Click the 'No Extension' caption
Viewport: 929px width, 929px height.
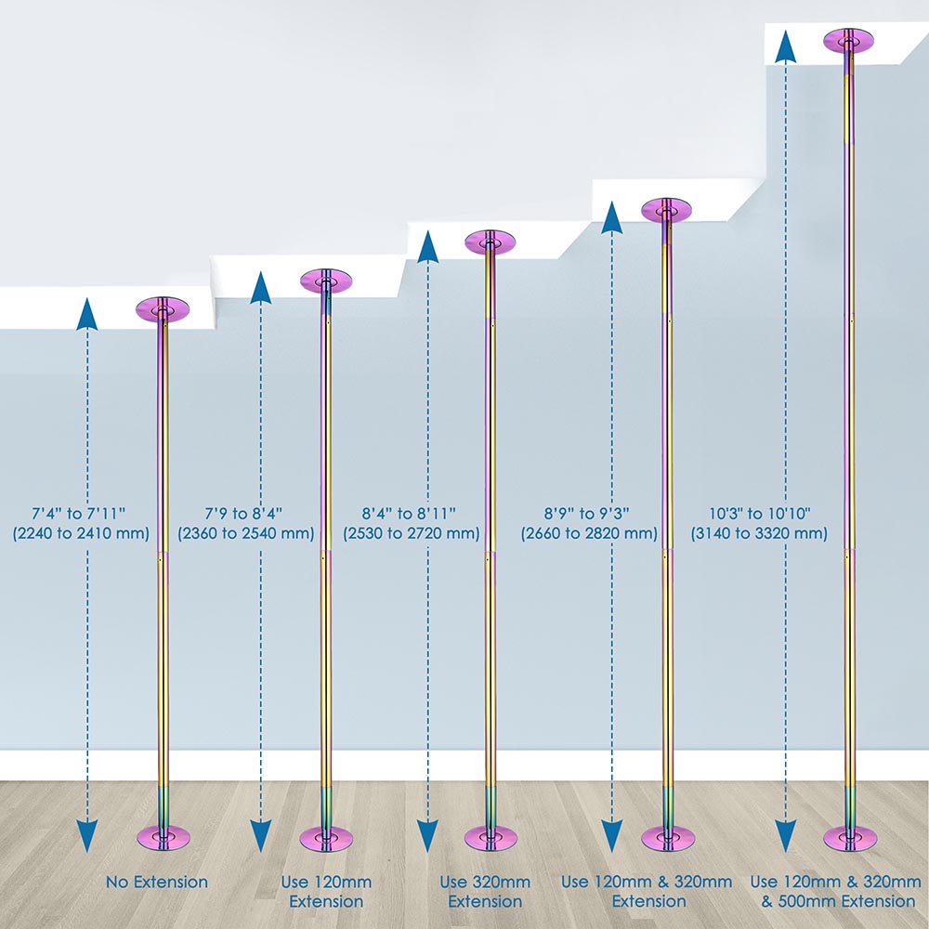tap(157, 882)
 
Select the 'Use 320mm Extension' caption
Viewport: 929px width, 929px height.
tap(485, 891)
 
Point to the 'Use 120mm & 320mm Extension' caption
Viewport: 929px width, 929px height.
tap(647, 891)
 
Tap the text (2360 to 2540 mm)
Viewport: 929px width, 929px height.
tap(245, 533)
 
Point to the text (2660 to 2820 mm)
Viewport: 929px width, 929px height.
tap(589, 533)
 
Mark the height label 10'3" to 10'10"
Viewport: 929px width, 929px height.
tap(758, 512)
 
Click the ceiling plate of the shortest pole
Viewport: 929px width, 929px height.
tap(163, 308)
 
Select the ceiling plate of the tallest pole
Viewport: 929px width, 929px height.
tap(849, 40)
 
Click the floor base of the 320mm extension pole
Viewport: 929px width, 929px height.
tap(490, 837)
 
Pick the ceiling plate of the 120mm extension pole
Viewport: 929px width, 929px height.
tap(326, 281)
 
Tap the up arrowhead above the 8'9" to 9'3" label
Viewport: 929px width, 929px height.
tap(611, 217)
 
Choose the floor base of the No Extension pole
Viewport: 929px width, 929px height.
tap(163, 837)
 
